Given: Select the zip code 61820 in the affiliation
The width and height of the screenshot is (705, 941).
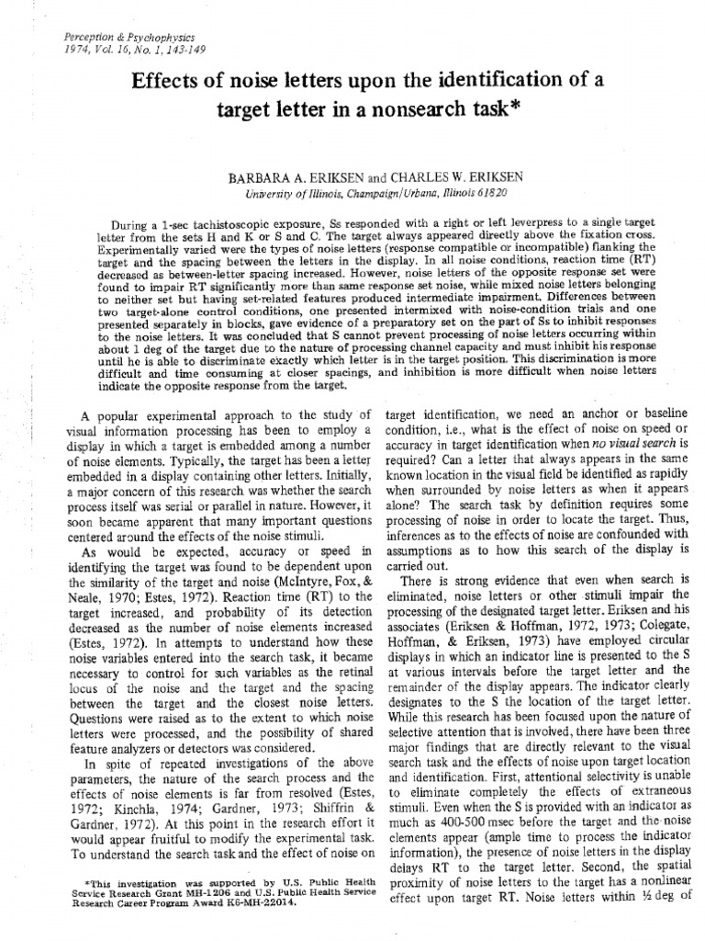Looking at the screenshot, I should tap(487, 195).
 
